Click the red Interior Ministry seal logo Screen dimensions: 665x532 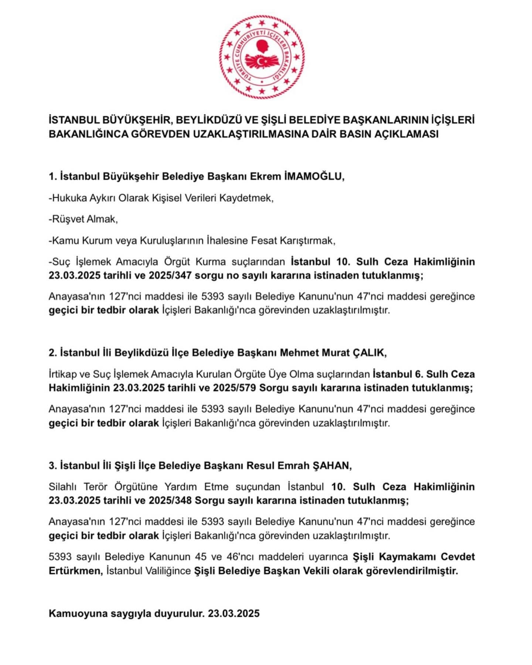(x=262, y=57)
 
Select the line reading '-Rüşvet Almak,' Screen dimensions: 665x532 (x=83, y=219)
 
